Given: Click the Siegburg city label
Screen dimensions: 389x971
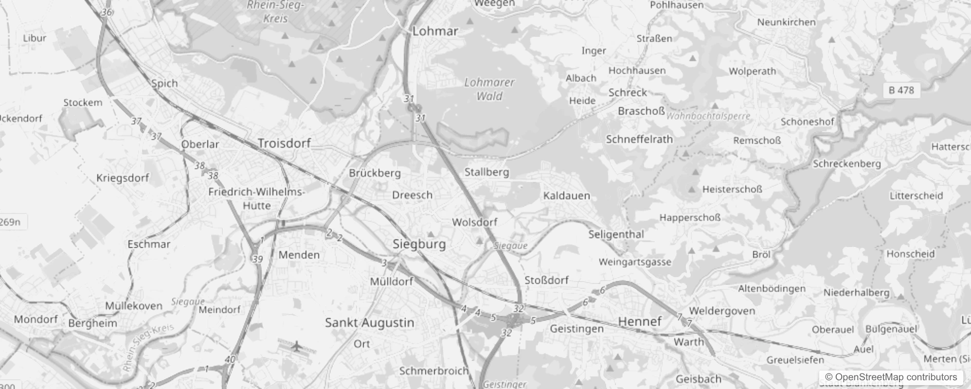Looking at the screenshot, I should [x=419, y=244].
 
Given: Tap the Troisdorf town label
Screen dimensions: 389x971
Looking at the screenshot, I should [x=284, y=143].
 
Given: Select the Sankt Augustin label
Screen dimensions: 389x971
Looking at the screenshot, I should [x=369, y=322].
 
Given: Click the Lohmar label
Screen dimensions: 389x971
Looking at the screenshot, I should [x=435, y=31].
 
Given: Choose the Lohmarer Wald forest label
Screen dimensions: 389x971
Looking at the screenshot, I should [x=489, y=89].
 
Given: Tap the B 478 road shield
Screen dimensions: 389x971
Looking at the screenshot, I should [x=901, y=90].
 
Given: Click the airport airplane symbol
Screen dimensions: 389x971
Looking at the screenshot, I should [x=296, y=347].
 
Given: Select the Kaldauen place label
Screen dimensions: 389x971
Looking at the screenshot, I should [x=566, y=195].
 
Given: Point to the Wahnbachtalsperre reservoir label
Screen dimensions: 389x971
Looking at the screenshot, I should [x=708, y=116].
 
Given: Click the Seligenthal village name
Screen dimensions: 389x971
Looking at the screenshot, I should [x=616, y=234].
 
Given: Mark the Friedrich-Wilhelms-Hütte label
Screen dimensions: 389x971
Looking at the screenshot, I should [x=256, y=198].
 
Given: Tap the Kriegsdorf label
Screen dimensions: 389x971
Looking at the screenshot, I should [x=123, y=178].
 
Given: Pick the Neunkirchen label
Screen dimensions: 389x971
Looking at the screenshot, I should [x=786, y=22].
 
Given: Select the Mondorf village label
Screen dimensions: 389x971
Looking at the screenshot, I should [x=36, y=319].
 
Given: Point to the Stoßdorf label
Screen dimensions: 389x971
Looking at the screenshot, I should [x=546, y=280].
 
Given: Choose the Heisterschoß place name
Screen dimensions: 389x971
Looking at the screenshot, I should [x=732, y=189].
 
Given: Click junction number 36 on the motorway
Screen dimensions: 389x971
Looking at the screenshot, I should [x=107, y=12].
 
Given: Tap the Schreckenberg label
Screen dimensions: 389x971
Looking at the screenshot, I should [x=847, y=164].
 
